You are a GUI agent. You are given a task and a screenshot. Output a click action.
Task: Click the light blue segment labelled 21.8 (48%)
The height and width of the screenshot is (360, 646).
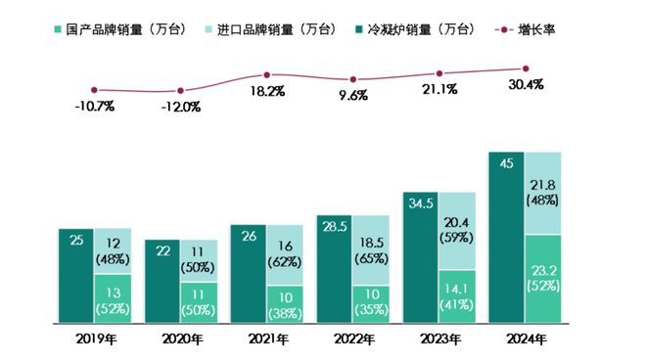click(x=544, y=193)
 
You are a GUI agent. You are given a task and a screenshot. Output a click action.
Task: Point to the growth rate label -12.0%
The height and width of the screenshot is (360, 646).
click(x=180, y=106)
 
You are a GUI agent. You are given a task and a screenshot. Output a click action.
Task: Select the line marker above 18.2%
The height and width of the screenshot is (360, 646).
click(x=266, y=74)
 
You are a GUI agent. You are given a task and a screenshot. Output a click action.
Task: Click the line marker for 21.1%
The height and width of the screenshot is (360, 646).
click(x=439, y=73)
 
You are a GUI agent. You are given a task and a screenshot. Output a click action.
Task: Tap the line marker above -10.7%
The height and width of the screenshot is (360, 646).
click(x=94, y=90)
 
